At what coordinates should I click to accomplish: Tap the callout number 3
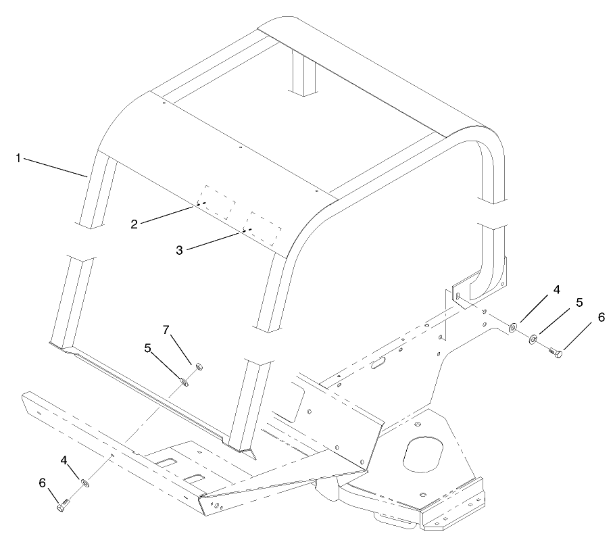pos(179,250)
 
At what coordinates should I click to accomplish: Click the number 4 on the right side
pos(556,290)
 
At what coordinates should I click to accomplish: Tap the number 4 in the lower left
pos(65,460)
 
